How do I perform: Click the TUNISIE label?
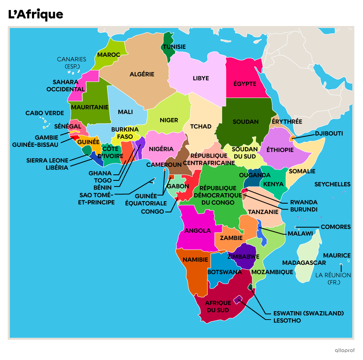(x=174, y=47)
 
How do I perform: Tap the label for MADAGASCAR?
(x=304, y=263)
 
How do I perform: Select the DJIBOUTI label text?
(x=329, y=134)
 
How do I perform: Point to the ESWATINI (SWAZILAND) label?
(x=308, y=313)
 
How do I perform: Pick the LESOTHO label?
(x=287, y=320)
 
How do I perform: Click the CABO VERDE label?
(x=45, y=113)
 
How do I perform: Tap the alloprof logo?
(x=345, y=350)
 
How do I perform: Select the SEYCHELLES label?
(x=332, y=184)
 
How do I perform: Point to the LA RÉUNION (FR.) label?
(x=333, y=278)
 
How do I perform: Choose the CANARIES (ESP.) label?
(x=71, y=62)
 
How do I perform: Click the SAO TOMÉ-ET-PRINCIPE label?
(x=97, y=198)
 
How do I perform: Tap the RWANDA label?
(x=304, y=202)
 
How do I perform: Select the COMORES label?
(x=335, y=227)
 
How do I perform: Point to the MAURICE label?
(x=337, y=255)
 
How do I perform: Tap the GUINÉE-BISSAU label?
(x=35, y=145)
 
